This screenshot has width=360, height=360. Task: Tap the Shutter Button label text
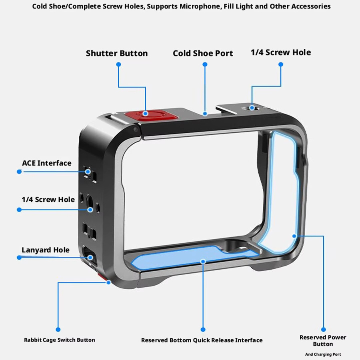[x=117, y=53]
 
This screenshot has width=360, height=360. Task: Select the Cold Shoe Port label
[x=203, y=53]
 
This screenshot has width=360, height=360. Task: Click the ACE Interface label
[x=47, y=163]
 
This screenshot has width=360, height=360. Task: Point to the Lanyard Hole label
[x=46, y=250]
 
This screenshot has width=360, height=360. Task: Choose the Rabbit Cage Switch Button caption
[x=60, y=340]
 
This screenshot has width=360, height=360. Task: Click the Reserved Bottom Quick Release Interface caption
[x=202, y=340]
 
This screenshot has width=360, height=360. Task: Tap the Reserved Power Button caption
[x=323, y=340]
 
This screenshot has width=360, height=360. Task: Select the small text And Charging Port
[x=323, y=354]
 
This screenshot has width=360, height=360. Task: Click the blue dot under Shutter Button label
[x=118, y=64]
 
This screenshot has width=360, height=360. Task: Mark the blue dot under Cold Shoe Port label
[x=205, y=64]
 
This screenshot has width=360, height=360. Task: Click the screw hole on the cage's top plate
[x=252, y=108]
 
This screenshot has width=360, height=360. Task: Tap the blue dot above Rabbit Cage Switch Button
[x=58, y=330]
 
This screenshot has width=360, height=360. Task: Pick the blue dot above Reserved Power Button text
[x=324, y=330]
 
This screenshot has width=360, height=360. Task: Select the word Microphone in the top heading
[x=200, y=6]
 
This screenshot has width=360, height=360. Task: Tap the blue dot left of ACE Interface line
[x=19, y=172]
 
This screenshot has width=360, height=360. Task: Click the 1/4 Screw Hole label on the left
[x=48, y=200]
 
